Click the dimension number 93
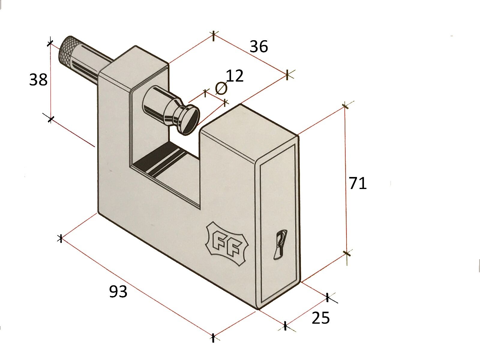(118, 291)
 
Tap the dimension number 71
(358, 183)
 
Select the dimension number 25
(321, 318)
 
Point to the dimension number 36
(259, 46)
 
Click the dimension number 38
(38, 80)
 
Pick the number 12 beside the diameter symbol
(234, 76)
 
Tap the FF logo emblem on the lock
(227, 244)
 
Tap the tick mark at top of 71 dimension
(345, 106)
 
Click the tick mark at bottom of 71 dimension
(346, 253)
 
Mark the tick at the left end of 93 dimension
(61, 238)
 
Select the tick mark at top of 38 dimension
(50, 43)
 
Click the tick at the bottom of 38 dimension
(51, 119)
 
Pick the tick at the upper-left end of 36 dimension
(213, 36)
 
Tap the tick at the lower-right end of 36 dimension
(287, 74)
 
